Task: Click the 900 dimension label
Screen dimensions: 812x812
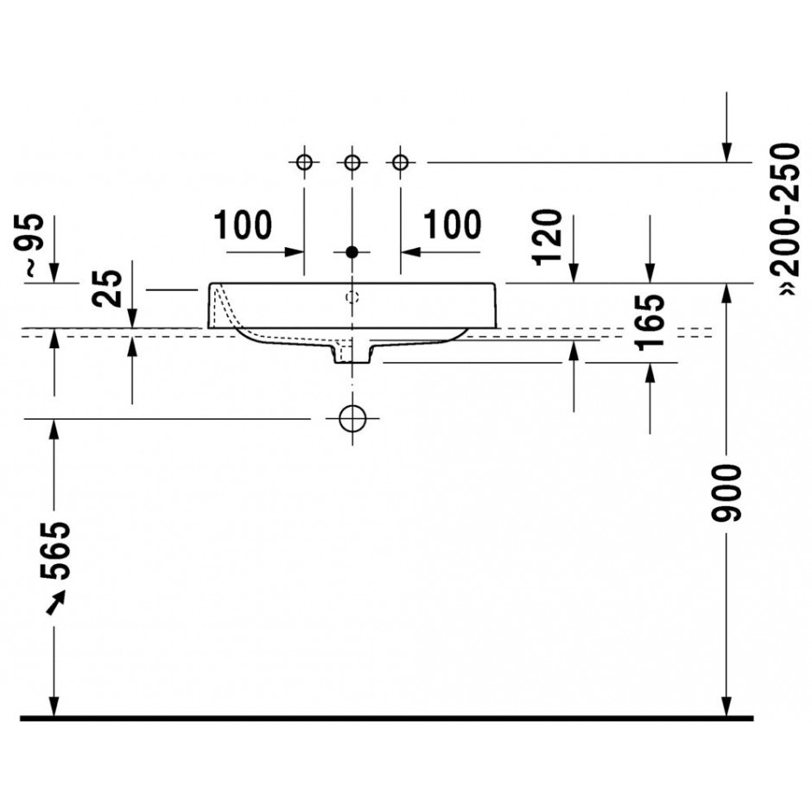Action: (726, 492)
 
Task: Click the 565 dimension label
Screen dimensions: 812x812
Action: (55, 550)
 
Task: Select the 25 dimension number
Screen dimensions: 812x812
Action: (108, 289)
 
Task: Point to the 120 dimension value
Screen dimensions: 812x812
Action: (549, 238)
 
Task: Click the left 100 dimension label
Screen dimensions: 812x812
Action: (243, 225)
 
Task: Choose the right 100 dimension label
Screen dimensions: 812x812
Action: (453, 225)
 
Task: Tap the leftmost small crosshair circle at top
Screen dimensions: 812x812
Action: (304, 162)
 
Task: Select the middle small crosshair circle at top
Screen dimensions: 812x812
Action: (352, 162)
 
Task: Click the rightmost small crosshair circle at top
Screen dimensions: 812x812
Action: (400, 162)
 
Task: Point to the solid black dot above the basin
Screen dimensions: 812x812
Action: (352, 252)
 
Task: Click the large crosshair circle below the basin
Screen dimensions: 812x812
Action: (352, 418)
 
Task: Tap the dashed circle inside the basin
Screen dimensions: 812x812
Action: (352, 297)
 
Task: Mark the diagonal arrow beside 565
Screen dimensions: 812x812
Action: (56, 603)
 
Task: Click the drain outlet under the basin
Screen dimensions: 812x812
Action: (352, 355)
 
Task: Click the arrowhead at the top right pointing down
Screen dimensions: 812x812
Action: (726, 152)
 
